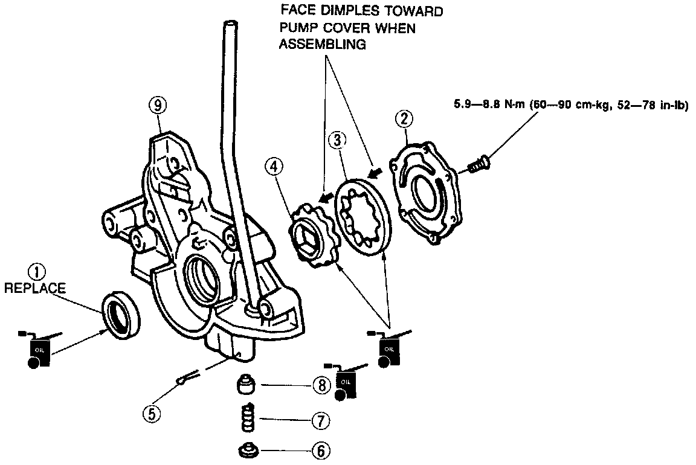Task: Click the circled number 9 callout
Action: [x=157, y=106]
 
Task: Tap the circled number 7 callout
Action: [x=321, y=420]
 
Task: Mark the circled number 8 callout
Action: [x=321, y=384]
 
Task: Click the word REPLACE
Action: [x=34, y=289]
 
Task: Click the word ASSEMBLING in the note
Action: [x=322, y=45]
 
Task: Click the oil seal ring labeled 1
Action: [x=121, y=312]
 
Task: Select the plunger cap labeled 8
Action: [x=246, y=384]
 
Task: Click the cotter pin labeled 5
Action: [x=185, y=379]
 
